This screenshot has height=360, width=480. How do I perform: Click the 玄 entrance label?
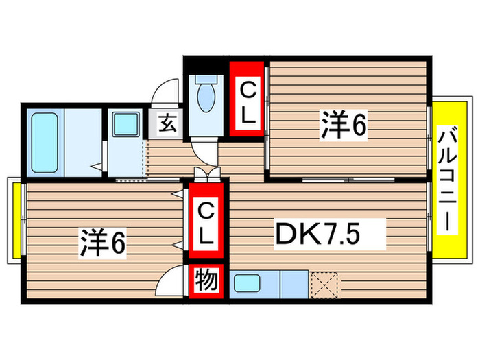[x=167, y=124]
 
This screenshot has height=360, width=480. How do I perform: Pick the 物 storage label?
[x=206, y=282]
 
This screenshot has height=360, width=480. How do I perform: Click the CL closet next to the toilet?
[x=247, y=100]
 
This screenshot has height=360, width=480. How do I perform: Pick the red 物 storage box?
[x=206, y=282]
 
